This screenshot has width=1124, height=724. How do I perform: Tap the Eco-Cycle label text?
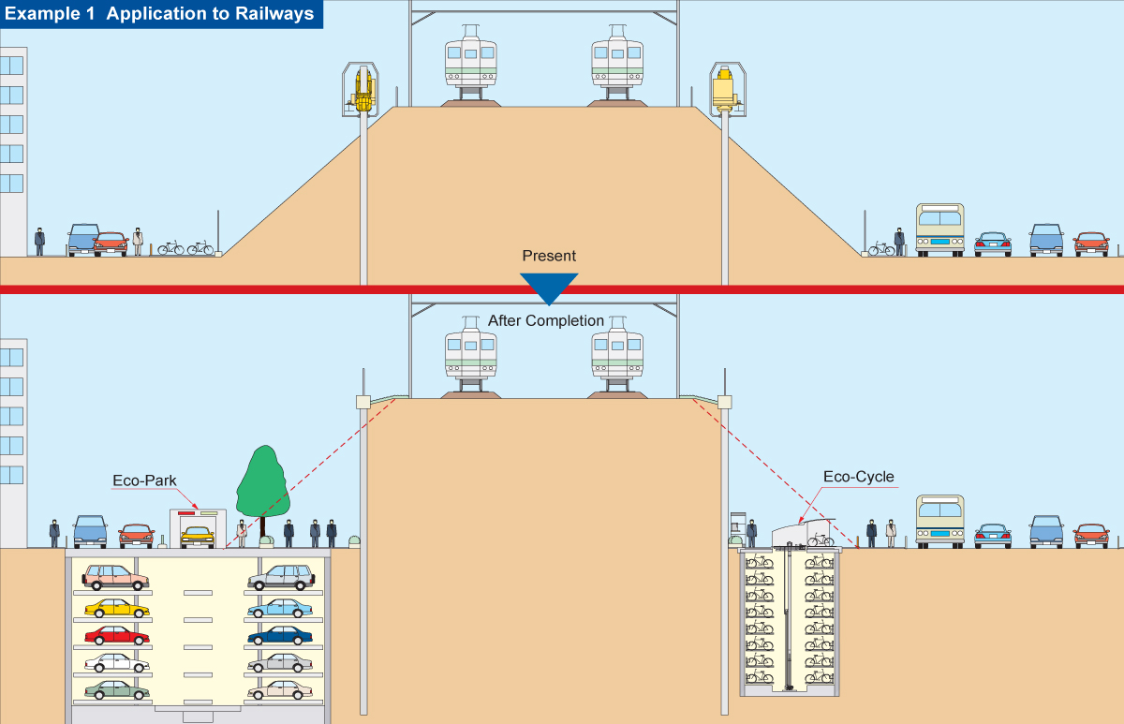[858, 477]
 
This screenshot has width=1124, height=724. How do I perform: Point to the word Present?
[549, 256]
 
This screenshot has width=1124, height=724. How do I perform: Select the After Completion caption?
[546, 320]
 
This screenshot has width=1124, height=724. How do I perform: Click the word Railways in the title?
[272, 14]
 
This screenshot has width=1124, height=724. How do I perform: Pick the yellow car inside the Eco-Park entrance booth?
[198, 536]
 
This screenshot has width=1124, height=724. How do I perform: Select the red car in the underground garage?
[116, 635]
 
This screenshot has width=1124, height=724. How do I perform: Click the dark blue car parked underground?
[280, 635]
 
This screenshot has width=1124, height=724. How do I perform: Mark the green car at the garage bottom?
[116, 689]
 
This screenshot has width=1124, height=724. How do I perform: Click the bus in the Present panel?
[939, 230]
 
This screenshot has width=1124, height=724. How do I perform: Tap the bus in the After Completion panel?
[939, 521]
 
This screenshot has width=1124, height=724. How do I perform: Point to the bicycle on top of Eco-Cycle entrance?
[820, 539]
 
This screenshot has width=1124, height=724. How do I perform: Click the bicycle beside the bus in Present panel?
[880, 248]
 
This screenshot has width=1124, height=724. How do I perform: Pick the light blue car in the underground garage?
[280, 607]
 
